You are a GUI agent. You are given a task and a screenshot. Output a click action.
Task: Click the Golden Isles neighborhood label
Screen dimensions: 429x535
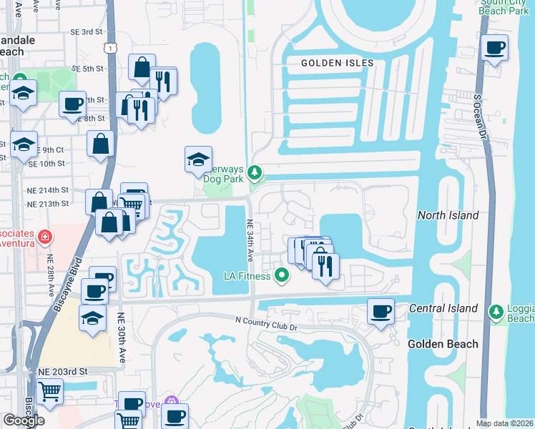[337, 63]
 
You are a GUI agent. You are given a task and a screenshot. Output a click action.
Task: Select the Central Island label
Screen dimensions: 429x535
[443, 308]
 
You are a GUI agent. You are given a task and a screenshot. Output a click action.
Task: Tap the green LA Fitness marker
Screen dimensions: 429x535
[283, 275]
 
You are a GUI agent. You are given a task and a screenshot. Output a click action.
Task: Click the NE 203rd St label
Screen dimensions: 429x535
[62, 372]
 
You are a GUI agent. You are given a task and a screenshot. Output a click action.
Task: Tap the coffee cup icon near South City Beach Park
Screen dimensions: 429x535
[494, 47]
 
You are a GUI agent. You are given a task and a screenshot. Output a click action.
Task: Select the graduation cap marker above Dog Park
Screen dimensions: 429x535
[198, 159]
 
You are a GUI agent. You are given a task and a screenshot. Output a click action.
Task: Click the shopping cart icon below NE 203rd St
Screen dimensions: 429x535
[49, 391]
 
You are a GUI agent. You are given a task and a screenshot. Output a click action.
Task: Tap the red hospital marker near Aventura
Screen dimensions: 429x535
[44, 236]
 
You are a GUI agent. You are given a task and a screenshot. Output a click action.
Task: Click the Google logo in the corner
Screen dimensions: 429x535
[24, 420]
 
